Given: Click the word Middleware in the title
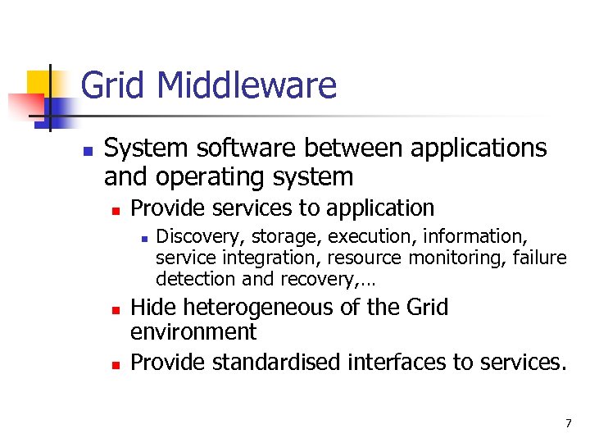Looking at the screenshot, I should pos(247,85).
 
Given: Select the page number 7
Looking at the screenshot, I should pos(568,423).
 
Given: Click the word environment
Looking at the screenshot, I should pos(193,332).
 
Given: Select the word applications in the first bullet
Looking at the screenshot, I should pos(478,148).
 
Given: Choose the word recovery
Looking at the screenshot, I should pos(315,279).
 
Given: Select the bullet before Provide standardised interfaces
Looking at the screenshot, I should pos(116,364).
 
